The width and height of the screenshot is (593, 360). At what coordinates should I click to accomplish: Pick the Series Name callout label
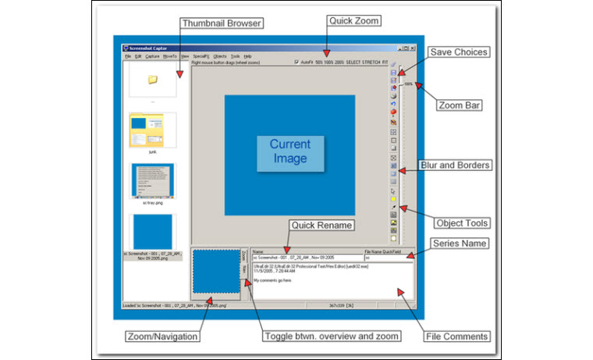pos(463,244)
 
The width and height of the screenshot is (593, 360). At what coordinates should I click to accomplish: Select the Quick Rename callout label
pos(322,225)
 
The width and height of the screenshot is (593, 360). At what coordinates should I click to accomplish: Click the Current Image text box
pos(289,151)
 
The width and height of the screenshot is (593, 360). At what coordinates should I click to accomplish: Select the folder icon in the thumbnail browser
pos(153,79)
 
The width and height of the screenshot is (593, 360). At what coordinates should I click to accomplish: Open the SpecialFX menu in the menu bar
pos(202,56)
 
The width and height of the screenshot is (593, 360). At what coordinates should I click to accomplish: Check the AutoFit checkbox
pos(296,62)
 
